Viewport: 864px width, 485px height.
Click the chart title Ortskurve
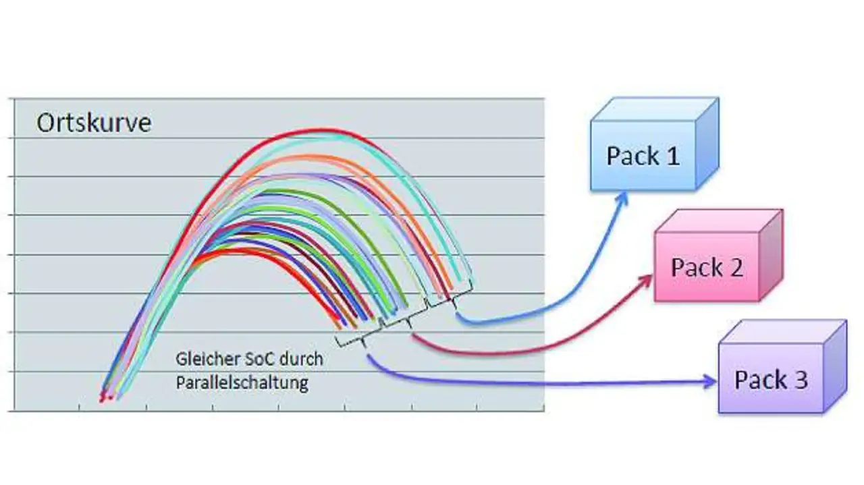point(93,123)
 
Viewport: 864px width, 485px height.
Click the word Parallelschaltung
point(242,383)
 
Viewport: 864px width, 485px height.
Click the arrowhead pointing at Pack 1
point(624,195)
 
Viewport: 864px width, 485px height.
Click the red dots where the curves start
point(105,397)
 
